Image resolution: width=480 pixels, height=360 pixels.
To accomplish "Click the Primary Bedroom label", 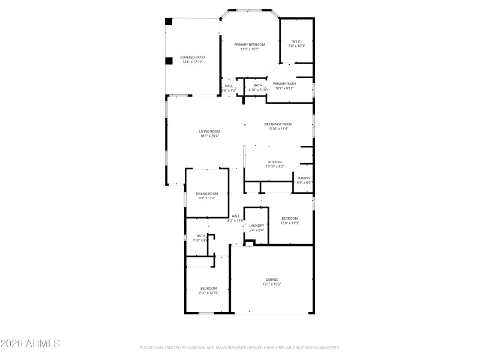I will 249,44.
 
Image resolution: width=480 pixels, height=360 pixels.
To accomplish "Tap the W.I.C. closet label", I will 296,41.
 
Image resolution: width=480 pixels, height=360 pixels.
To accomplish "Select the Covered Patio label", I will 193,57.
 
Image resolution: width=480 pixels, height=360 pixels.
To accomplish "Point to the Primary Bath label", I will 284,84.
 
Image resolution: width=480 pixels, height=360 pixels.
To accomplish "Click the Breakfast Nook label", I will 278,124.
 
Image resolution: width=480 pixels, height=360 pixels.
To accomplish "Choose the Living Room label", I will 210,131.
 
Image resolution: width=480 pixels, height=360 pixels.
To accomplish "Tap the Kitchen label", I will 275,162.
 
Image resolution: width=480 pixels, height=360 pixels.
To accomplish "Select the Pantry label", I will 304,178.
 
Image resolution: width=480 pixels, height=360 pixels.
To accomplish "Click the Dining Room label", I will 207,193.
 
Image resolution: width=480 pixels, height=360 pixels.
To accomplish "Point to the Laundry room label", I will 257,226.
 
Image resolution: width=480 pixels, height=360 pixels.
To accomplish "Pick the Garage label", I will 272,280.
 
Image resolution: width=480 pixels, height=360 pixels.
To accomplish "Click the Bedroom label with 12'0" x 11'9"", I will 289,218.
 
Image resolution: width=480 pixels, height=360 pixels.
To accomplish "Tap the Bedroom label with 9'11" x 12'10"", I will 208,288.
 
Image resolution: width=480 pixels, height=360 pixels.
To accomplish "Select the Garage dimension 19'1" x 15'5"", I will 272,284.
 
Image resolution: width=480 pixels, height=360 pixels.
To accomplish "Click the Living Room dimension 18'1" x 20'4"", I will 210,136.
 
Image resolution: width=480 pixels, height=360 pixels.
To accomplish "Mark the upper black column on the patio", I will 169,22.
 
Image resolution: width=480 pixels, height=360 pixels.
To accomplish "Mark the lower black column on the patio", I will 169,60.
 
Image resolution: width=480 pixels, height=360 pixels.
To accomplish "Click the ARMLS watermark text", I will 30,344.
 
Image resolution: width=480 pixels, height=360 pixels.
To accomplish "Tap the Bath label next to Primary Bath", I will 257,86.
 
